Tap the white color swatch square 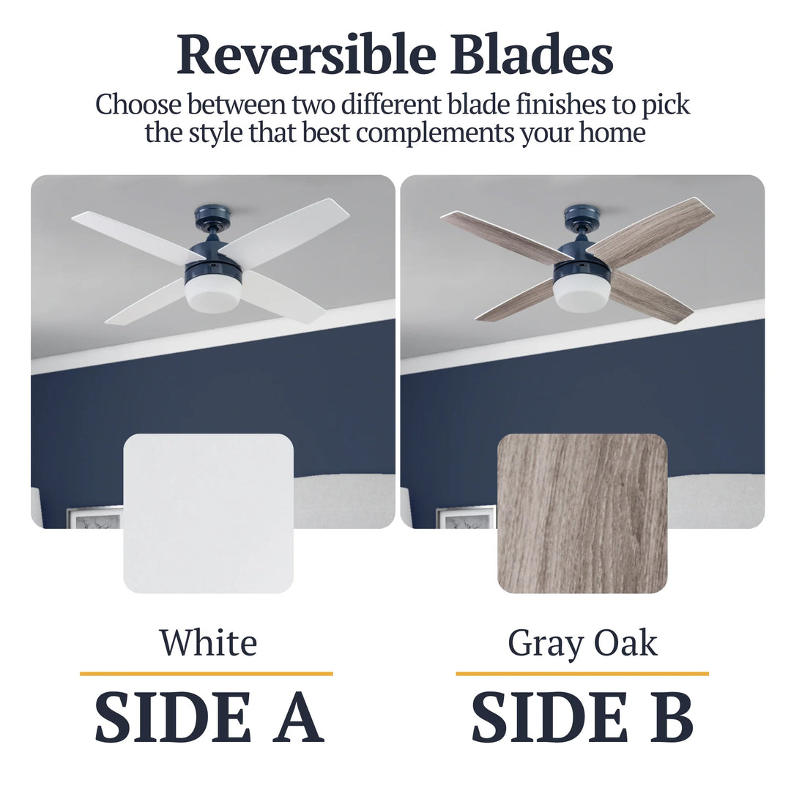pos(209,513)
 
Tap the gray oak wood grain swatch pos(582,513)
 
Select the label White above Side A pos(209,643)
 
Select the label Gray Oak pos(582,643)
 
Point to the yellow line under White pos(207,673)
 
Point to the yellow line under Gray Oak pos(582,673)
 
